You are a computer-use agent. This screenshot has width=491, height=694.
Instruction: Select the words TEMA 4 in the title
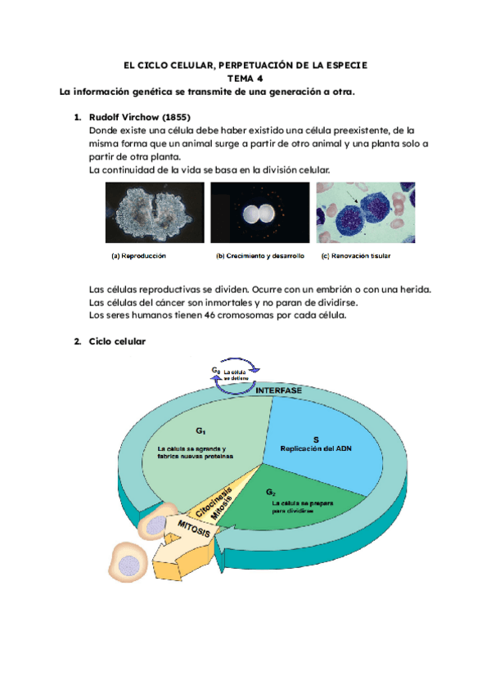pyautogui.click(x=245, y=79)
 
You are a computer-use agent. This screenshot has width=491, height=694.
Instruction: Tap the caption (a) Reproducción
pyautogui.click(x=139, y=256)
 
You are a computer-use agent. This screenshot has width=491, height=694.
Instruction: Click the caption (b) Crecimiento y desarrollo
pyautogui.click(x=259, y=256)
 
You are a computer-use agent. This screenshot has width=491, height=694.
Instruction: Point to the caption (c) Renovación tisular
pyautogui.click(x=356, y=256)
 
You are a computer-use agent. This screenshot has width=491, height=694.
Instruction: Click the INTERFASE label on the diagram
pyautogui.click(x=279, y=391)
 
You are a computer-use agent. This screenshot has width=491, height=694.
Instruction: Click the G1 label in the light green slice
pyautogui.click(x=200, y=430)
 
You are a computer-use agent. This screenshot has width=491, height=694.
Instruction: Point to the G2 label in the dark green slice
pyautogui.click(x=271, y=492)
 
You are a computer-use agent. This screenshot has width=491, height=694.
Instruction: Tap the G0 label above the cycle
pyautogui.click(x=216, y=371)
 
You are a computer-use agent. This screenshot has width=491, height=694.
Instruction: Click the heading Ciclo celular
pyautogui.click(x=117, y=341)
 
